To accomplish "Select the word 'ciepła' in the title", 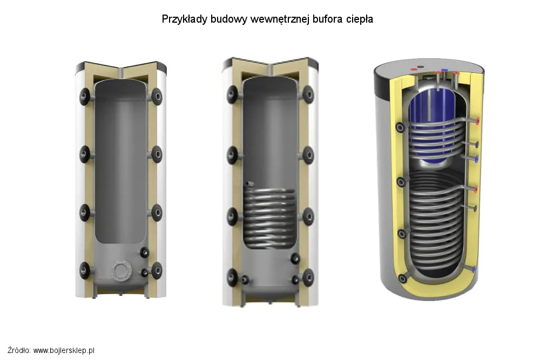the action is (360, 19).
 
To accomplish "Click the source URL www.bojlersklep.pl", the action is (64, 350).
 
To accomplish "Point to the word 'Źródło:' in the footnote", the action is (19, 350).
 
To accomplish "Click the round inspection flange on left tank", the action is (121, 270).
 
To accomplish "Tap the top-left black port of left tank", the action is (85, 97).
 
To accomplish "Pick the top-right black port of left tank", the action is (157, 97).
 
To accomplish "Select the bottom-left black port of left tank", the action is (85, 270).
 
